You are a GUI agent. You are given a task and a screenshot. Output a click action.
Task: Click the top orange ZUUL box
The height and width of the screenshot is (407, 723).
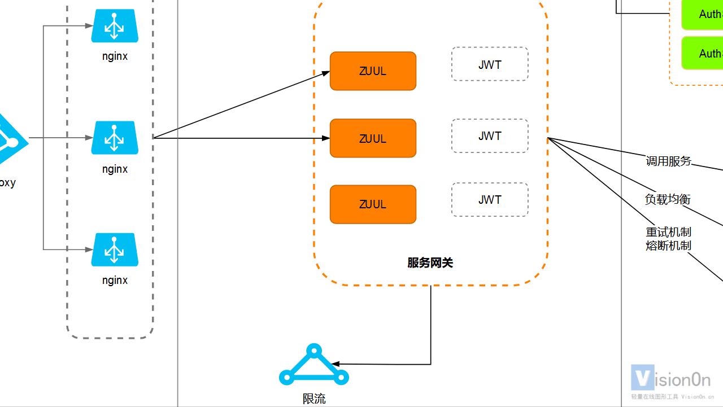373,71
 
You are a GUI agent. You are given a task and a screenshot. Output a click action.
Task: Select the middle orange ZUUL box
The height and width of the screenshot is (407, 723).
373,138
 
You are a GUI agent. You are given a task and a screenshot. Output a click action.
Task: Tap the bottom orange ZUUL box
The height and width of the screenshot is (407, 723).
373,204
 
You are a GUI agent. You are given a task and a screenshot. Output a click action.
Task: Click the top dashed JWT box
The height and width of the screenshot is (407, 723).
489,64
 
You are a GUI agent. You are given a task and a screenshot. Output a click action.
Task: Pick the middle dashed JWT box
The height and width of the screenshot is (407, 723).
489,136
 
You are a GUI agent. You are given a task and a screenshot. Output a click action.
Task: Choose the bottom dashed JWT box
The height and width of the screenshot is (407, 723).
489,200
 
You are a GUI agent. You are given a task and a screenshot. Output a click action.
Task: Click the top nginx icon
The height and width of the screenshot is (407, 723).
115,26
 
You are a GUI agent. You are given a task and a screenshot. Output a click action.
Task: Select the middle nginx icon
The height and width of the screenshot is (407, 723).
115,138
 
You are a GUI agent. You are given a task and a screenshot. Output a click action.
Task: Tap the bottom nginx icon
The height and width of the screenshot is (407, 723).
115,250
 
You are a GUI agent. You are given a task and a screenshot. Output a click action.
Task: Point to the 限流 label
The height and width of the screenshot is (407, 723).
314,399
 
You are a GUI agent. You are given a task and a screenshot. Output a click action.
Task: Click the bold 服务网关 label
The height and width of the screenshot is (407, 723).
430,263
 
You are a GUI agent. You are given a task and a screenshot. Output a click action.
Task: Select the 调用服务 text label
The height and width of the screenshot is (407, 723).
668,161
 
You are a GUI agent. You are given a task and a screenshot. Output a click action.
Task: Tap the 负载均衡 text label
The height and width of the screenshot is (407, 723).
668,199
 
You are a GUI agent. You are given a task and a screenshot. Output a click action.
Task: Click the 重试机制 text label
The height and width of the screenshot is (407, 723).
668,232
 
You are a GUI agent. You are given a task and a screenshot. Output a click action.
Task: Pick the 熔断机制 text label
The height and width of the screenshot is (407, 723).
668,246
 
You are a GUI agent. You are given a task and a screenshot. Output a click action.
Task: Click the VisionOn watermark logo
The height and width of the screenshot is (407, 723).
670,378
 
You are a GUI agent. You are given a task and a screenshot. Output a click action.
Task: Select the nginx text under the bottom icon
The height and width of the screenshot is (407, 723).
115,281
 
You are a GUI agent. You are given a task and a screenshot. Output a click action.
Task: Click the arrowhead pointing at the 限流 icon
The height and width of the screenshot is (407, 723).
335,364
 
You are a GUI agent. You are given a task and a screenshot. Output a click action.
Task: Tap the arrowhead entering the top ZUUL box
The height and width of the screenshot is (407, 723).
326,72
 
